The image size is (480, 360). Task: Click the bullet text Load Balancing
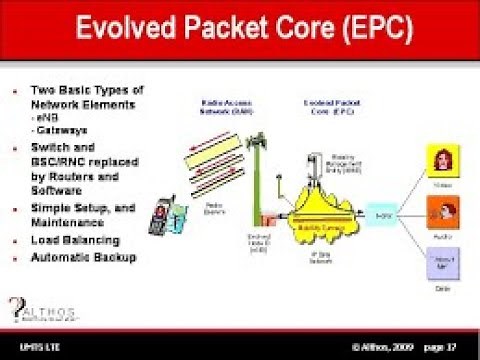coord(75,240)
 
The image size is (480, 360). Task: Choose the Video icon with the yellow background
coord(442,162)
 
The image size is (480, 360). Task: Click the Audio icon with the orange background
coord(442,213)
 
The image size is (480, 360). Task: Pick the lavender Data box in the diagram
coord(442,267)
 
